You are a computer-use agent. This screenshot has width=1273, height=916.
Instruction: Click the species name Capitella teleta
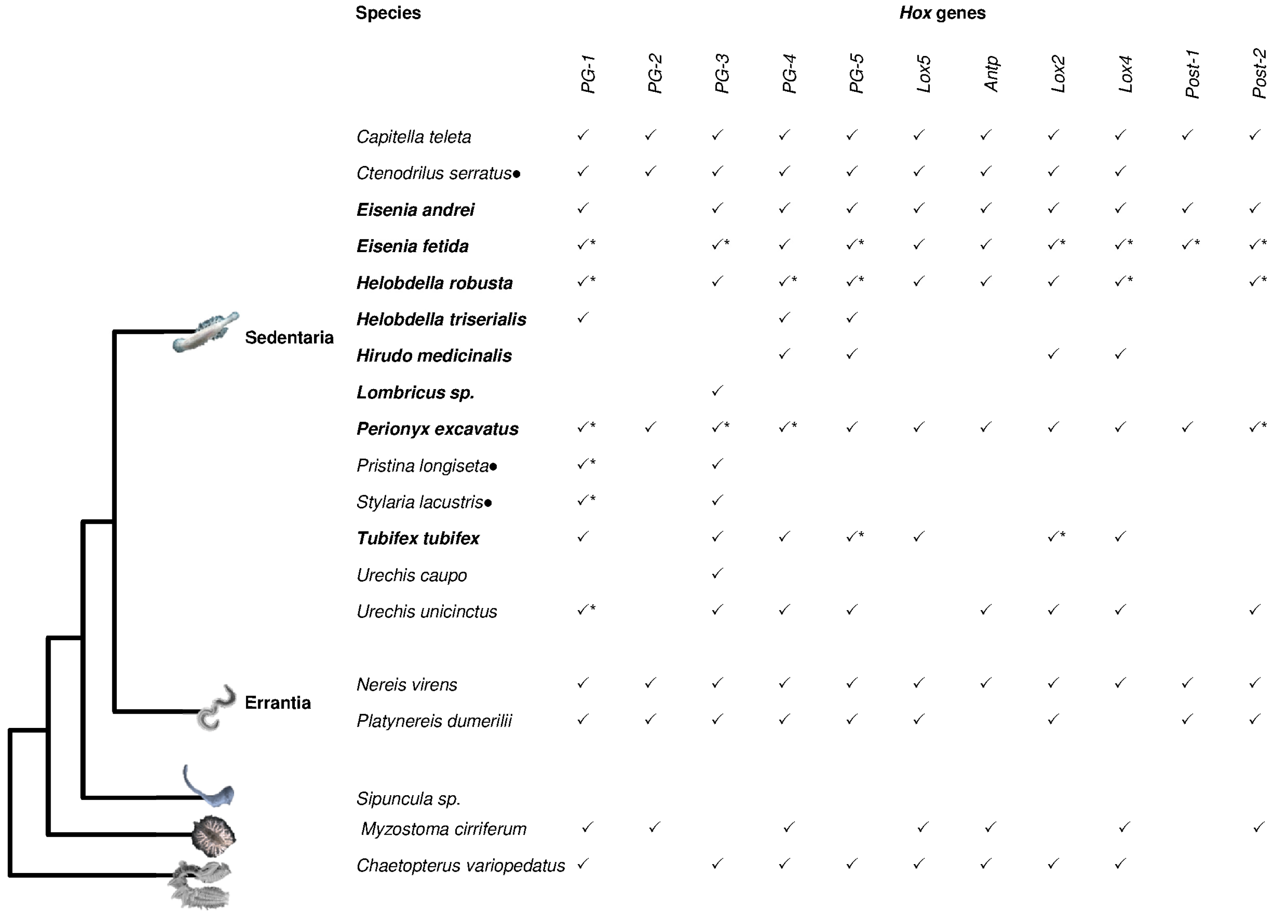413,137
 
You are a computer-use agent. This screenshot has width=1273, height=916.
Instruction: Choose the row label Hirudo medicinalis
434,355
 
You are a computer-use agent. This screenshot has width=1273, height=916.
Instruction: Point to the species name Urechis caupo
411,575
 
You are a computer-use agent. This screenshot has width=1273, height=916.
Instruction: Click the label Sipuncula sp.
408,798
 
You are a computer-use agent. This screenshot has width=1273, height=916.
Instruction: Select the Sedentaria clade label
289,338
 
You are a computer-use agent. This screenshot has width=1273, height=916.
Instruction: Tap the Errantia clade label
277,702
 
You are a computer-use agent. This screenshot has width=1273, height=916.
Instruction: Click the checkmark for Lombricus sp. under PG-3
717,390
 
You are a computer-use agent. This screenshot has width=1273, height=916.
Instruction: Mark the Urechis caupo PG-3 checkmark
717,574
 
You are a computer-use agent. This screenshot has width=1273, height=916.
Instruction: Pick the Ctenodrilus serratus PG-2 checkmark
650,171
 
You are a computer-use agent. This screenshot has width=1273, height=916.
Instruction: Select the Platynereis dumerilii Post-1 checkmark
1187,719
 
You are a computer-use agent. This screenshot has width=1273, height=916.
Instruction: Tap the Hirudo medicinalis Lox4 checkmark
1120,354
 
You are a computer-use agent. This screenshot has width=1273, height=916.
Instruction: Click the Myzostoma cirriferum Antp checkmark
990,827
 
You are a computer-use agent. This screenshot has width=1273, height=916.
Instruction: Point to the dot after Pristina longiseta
494,467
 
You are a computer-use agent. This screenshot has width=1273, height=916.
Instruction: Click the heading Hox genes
942,13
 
